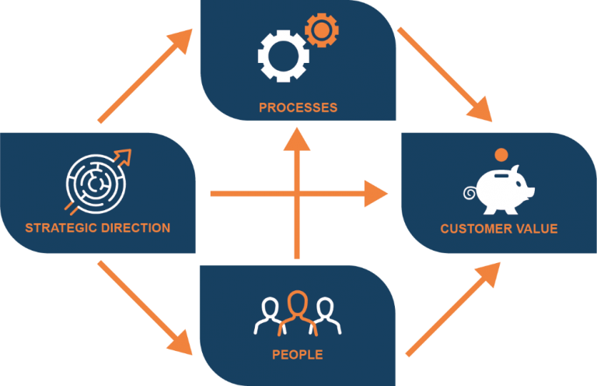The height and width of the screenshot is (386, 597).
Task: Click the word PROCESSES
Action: [298, 107]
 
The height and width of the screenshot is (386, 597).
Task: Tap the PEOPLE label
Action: [298, 355]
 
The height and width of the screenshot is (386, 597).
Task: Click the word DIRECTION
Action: [133, 228]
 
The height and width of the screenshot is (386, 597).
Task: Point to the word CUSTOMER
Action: [475, 229]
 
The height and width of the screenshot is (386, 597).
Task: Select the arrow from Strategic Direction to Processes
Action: [145, 78]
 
